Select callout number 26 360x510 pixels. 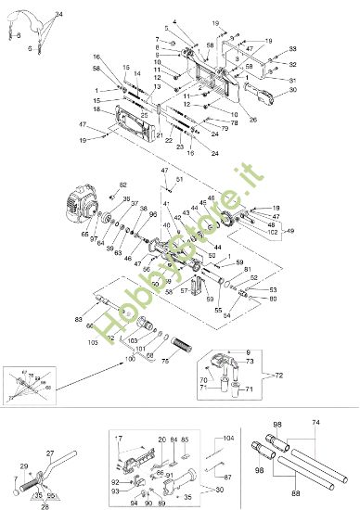click(x=253, y=119)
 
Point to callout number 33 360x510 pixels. click(x=293, y=49)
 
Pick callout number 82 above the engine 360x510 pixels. click(x=123, y=185)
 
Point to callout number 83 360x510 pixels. click(x=78, y=319)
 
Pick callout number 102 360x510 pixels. click(x=273, y=232)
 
